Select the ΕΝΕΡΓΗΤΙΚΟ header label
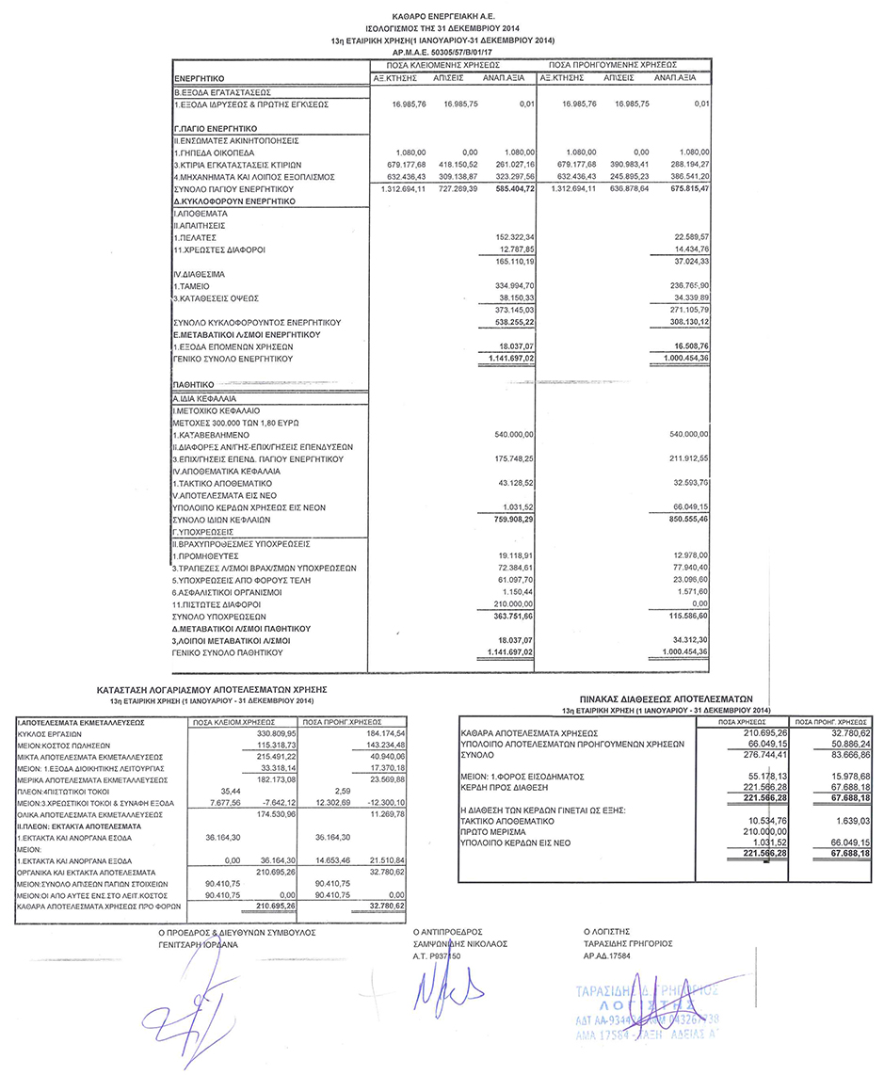(201, 76)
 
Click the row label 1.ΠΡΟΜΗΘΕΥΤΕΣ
(203, 555)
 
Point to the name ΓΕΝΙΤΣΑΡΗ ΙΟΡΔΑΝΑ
(191, 944)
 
